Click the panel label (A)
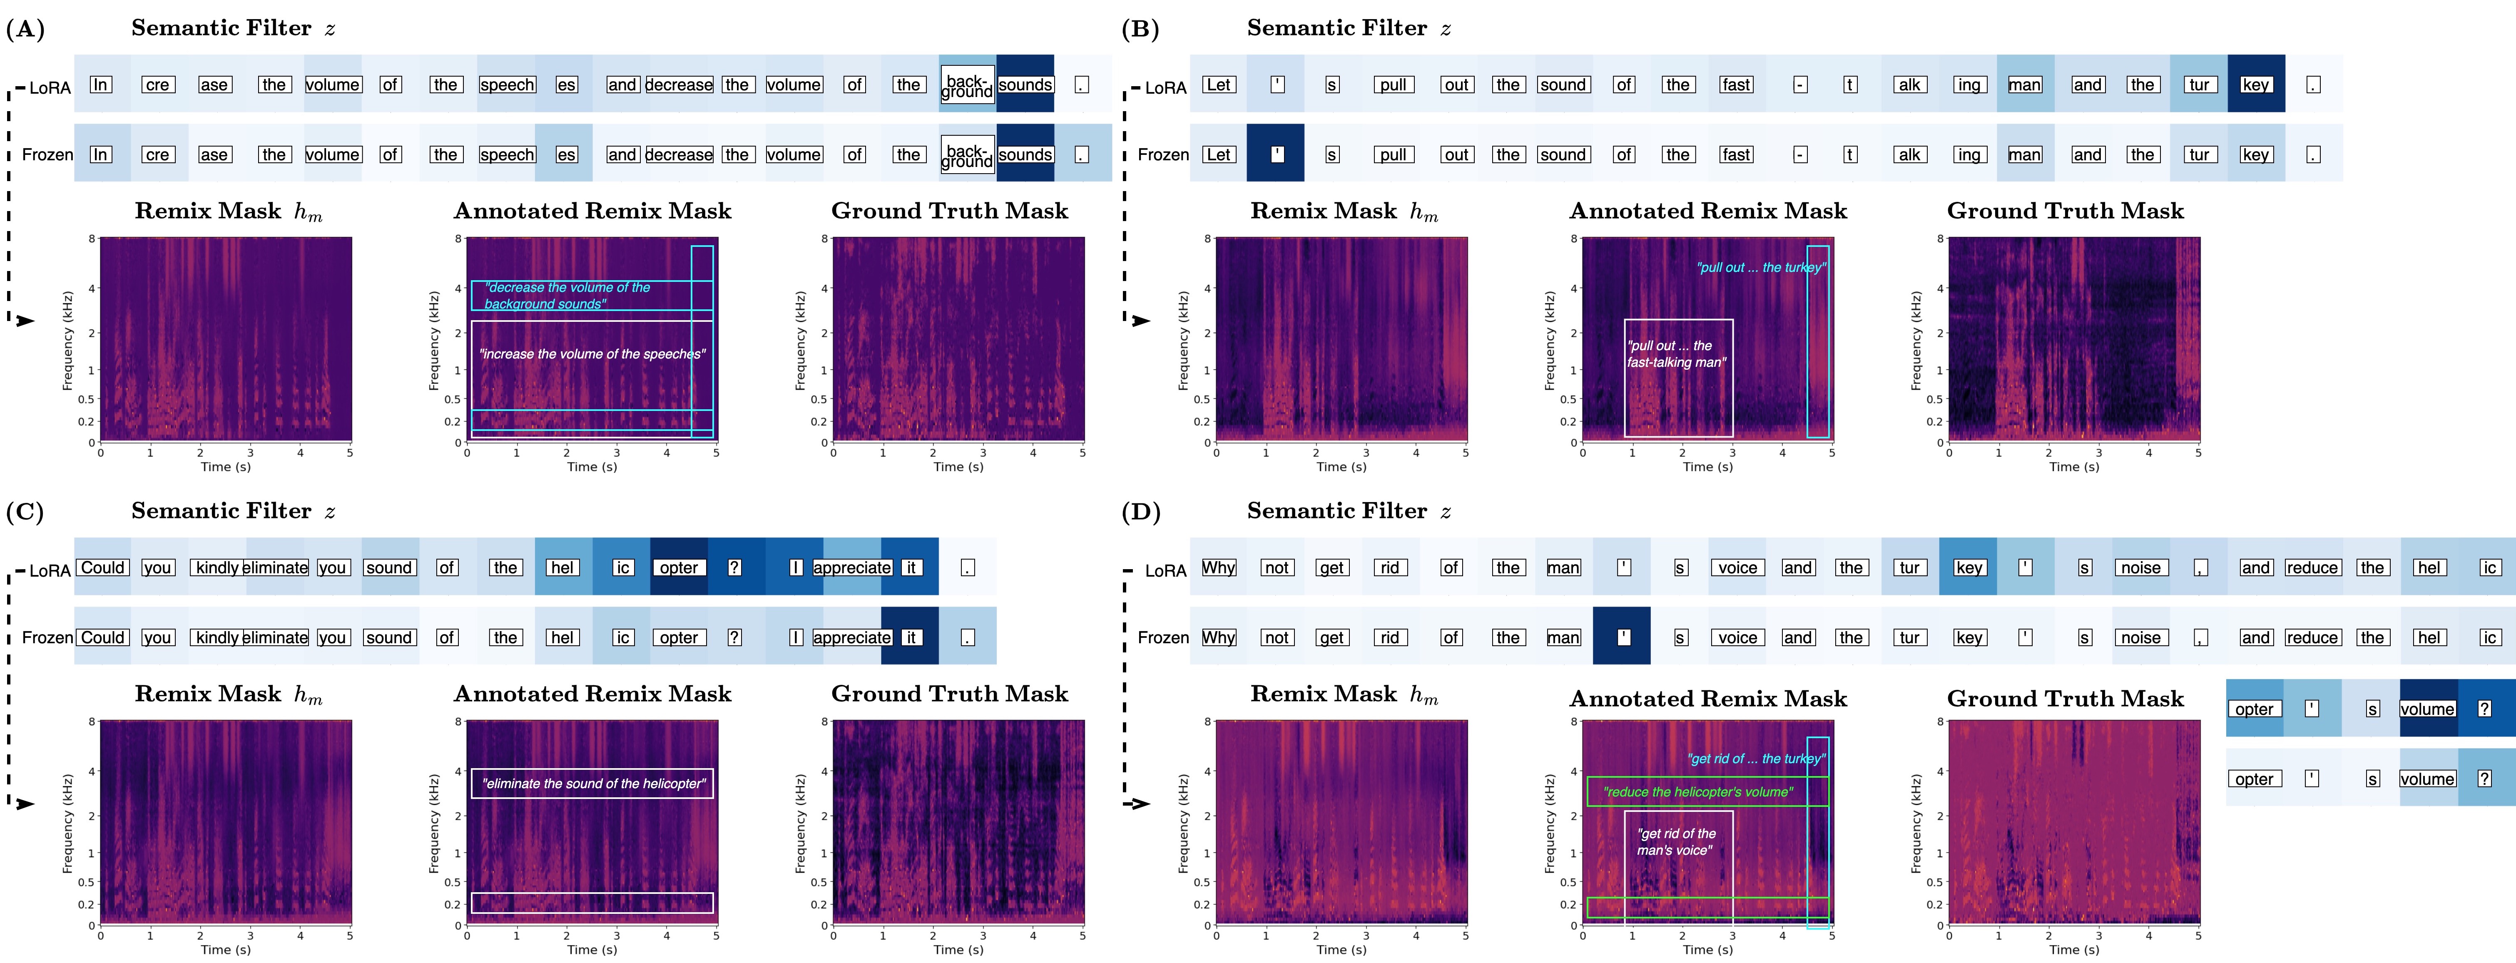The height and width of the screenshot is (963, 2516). [x=25, y=29]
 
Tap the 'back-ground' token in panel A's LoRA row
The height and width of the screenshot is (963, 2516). [x=967, y=85]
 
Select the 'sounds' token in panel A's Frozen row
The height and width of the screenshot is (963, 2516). [x=1025, y=154]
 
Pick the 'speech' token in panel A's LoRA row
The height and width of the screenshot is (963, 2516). [x=507, y=85]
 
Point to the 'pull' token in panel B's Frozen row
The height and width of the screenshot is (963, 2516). [x=1393, y=154]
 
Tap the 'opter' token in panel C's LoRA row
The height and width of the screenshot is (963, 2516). [x=679, y=567]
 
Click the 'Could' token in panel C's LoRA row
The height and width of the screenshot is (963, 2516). [x=102, y=567]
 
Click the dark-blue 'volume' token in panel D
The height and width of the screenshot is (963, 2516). [x=2427, y=709]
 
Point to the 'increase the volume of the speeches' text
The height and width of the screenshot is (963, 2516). [x=592, y=353]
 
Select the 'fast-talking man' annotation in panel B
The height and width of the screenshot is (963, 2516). [x=1676, y=353]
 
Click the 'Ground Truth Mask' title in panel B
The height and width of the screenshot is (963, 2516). [x=2065, y=211]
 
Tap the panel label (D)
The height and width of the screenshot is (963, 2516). [x=1141, y=513]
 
